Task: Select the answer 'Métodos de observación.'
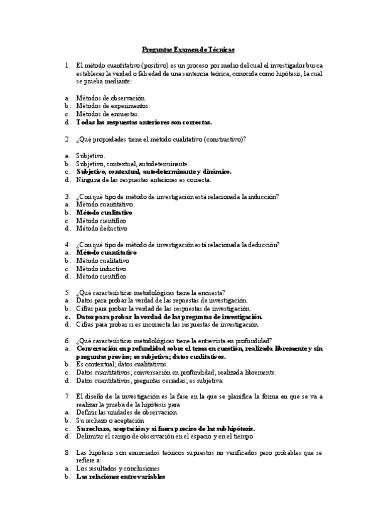[110, 98]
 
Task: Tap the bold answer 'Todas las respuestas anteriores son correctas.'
[144, 122]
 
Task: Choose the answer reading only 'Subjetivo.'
[91, 155]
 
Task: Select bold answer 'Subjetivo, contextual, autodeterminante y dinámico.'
[154, 171]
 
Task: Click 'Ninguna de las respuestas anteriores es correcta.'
[144, 179]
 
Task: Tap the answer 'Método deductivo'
[101, 229]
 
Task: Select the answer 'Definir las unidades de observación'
[126, 412]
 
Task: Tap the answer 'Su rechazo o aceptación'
[109, 420]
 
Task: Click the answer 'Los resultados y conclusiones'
[117, 469]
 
